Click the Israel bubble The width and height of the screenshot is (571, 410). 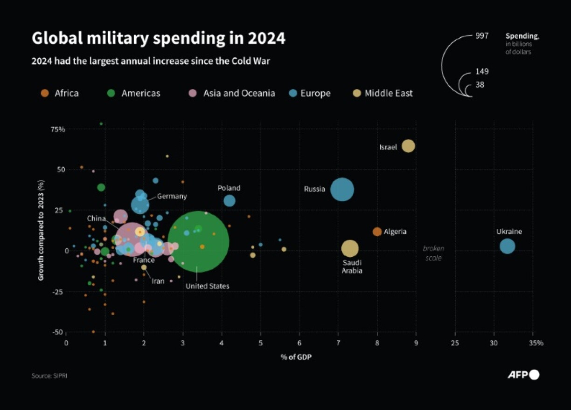point(408,146)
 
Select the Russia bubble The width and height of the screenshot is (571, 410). point(342,190)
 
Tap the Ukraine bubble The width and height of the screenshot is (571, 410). point(507,246)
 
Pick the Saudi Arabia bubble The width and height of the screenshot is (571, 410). point(350,249)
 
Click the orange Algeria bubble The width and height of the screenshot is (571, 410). point(377,232)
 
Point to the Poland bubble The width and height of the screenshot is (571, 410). point(229,201)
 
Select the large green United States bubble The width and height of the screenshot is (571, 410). point(198,242)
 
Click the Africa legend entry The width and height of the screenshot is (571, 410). point(60,93)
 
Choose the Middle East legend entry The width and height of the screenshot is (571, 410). point(383,93)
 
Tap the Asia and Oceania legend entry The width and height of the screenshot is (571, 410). point(233,93)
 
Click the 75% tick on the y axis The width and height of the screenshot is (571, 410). point(58,130)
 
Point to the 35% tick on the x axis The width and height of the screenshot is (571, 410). point(536,343)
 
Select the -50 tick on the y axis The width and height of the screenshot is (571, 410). point(58,332)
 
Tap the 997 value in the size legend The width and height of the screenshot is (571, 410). point(482,36)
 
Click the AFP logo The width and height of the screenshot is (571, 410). point(523,375)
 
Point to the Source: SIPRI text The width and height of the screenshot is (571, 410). point(46,376)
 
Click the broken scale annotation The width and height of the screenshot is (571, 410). point(433,253)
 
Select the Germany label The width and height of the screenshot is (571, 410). point(171,196)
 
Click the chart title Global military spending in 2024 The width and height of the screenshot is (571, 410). point(158,38)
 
